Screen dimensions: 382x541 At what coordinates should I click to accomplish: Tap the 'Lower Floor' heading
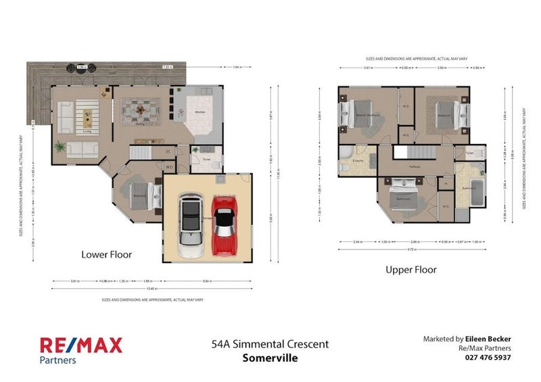(x=106, y=255)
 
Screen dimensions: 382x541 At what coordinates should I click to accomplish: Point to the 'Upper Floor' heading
(x=410, y=270)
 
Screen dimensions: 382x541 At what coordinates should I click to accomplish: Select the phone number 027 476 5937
(x=488, y=358)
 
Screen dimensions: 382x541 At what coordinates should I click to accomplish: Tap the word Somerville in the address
(x=270, y=358)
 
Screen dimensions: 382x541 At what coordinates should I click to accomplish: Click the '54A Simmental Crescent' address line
(x=270, y=344)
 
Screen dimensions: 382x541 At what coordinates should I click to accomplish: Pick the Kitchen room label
(x=200, y=112)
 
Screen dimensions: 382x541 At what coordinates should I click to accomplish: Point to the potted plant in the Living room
(x=60, y=147)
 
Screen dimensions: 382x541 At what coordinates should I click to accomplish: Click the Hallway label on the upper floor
(x=416, y=166)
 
